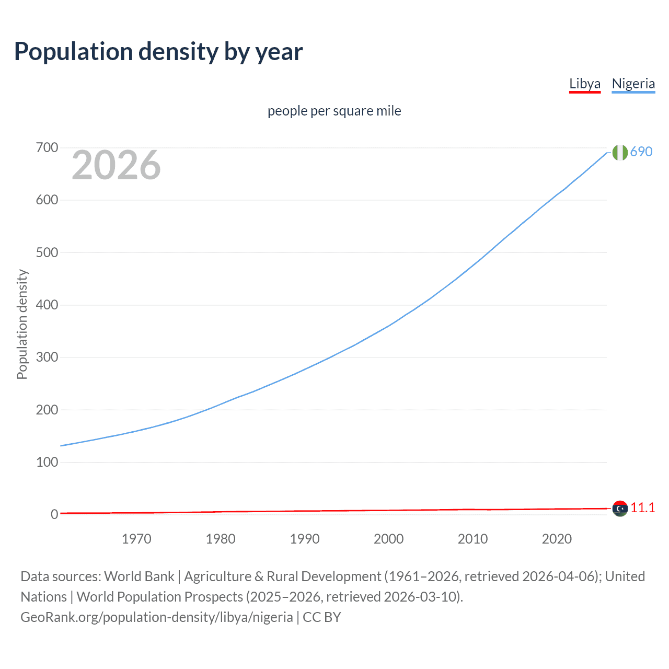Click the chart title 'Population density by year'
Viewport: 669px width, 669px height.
(x=158, y=52)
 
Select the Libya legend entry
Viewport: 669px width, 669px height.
(x=584, y=84)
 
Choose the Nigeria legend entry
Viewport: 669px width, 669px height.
(x=633, y=84)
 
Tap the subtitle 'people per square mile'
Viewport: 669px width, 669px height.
(x=334, y=111)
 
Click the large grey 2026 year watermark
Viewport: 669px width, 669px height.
(x=116, y=165)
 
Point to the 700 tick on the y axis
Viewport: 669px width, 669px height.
(x=47, y=148)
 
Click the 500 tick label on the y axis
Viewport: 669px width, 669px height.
(x=47, y=252)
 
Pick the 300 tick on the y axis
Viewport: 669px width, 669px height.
(x=47, y=357)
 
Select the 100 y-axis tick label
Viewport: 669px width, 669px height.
(x=47, y=462)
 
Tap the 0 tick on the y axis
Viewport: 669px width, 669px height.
(x=54, y=514)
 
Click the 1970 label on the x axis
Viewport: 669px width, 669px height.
(x=136, y=539)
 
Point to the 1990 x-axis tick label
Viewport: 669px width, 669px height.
(x=305, y=539)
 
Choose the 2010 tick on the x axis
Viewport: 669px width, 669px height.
(x=472, y=539)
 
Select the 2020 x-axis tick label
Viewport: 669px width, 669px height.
(x=557, y=539)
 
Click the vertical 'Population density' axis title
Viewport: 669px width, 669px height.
(x=22, y=324)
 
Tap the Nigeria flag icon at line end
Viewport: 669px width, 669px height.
(x=620, y=152)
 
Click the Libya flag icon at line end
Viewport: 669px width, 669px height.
(x=620, y=508)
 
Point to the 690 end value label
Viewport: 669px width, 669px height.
(x=641, y=152)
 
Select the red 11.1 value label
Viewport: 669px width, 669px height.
(x=642, y=507)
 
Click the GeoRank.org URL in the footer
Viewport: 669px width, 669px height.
(x=157, y=617)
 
